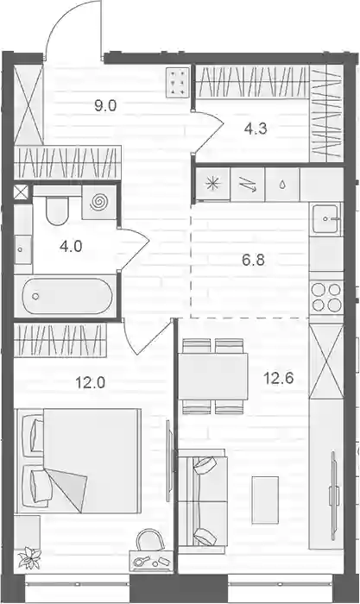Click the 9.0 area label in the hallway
pos(105,105)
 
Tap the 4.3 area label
pos(256,129)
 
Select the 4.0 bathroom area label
pos(71,245)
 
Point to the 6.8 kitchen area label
pos(253,261)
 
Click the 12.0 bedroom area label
pos(90,383)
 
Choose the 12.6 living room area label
pos(278,378)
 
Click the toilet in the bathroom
pos(57,211)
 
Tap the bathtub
pos(66,296)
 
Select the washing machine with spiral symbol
pos(99,202)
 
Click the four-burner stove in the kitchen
pos(326,297)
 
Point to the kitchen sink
pos(326,219)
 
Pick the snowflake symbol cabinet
pos(212,184)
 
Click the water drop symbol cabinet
pos(282,184)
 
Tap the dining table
pos(212,376)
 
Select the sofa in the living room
pos(203,501)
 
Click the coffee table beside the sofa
pos(265,500)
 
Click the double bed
pos(77,461)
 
